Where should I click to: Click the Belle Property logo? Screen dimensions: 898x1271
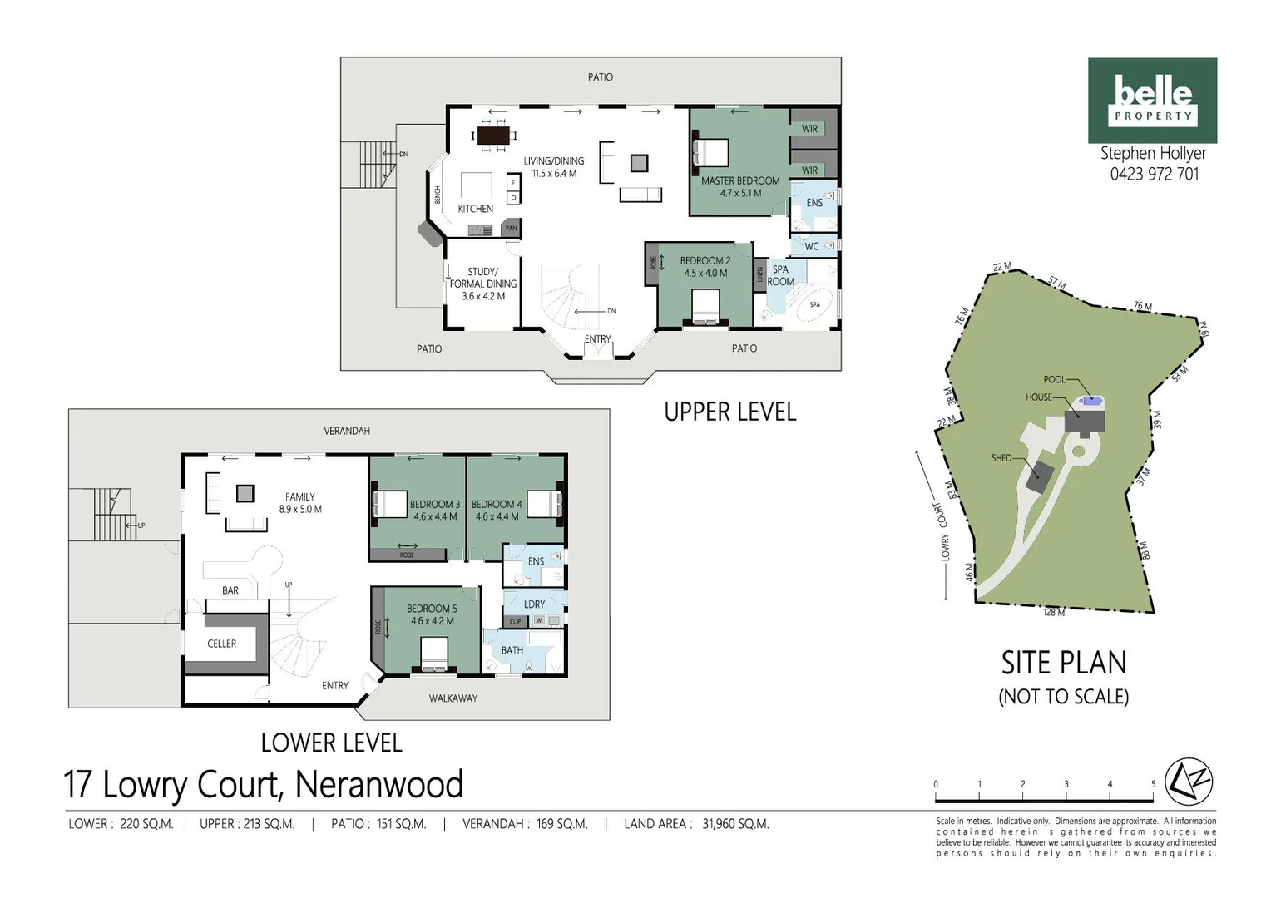click(1152, 100)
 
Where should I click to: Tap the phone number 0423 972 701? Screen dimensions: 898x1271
click(1154, 174)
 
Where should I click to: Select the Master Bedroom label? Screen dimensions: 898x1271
click(739, 186)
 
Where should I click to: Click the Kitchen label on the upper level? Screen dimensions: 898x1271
click(475, 209)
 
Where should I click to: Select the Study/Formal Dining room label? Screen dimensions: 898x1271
click(483, 284)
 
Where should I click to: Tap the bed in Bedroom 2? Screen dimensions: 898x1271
click(705, 306)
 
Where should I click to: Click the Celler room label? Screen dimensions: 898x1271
click(221, 644)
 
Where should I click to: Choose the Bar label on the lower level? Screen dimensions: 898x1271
click(230, 590)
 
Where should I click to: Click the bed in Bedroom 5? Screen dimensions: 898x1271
click(434, 653)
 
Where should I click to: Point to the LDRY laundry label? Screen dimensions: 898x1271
click(534, 604)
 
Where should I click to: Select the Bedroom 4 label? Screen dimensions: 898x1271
click(497, 510)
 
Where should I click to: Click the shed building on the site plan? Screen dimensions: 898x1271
click(1038, 477)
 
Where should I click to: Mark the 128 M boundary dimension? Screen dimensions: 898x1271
click(1054, 613)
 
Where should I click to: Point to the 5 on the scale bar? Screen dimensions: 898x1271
click(1153, 784)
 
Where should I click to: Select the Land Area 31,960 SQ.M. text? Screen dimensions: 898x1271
click(696, 824)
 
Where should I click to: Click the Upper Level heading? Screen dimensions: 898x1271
click(729, 412)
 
